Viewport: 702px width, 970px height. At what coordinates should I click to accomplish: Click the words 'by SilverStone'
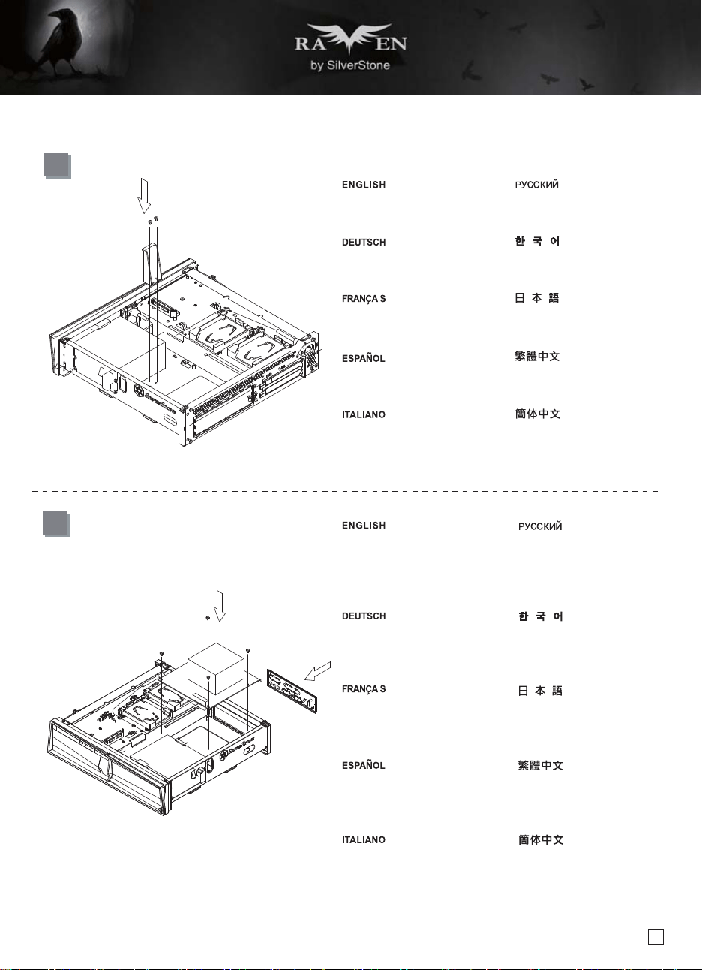pyautogui.click(x=350, y=65)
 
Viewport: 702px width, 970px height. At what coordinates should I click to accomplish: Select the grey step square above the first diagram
pyautogui.click(x=57, y=166)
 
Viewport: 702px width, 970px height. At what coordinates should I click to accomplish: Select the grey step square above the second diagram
pyautogui.click(x=56, y=523)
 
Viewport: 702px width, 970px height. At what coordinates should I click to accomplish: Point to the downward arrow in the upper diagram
pyautogui.click(x=144, y=196)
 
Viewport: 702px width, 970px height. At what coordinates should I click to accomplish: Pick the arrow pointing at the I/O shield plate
pyautogui.click(x=318, y=671)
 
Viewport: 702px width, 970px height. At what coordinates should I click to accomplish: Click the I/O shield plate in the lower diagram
pyautogui.click(x=292, y=691)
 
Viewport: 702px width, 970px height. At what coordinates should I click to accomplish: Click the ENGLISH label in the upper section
pyautogui.click(x=364, y=185)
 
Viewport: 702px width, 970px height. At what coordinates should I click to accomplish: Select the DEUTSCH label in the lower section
pyautogui.click(x=364, y=616)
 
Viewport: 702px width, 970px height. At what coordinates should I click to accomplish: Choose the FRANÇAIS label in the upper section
pyautogui.click(x=364, y=299)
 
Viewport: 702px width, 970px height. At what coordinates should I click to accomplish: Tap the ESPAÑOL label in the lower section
pyautogui.click(x=363, y=765)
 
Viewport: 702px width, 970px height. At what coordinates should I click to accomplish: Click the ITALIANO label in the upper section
pyautogui.click(x=364, y=415)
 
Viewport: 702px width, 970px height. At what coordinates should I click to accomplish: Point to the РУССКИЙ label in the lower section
pyautogui.click(x=540, y=526)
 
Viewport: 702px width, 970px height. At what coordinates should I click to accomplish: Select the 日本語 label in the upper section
pyautogui.click(x=537, y=298)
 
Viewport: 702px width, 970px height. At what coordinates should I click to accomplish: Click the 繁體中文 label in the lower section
pyautogui.click(x=541, y=765)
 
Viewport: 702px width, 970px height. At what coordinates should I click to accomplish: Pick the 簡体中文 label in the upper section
pyautogui.click(x=538, y=414)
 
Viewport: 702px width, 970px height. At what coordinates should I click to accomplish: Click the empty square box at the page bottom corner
pyautogui.click(x=655, y=938)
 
